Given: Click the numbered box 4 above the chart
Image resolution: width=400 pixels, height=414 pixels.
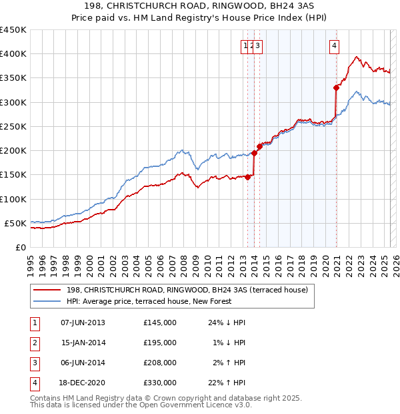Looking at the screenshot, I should point(333,46).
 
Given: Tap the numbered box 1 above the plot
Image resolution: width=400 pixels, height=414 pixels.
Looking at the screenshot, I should point(245,46).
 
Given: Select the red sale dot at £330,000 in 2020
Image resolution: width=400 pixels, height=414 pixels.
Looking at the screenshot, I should point(336,87).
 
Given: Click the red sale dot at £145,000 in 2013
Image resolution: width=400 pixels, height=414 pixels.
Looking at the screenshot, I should point(247,177).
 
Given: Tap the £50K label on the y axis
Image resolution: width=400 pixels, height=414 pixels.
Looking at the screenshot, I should point(16,223).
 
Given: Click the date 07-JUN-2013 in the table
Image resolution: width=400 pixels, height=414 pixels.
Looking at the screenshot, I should point(83,323).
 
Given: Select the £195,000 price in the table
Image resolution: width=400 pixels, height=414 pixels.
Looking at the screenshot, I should point(160,343).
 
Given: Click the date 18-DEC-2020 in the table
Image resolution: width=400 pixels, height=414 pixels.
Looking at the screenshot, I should point(83,383).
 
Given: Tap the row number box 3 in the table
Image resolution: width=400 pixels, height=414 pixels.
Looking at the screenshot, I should point(33,363).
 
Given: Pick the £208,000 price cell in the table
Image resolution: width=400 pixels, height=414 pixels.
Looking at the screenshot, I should point(160,363).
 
